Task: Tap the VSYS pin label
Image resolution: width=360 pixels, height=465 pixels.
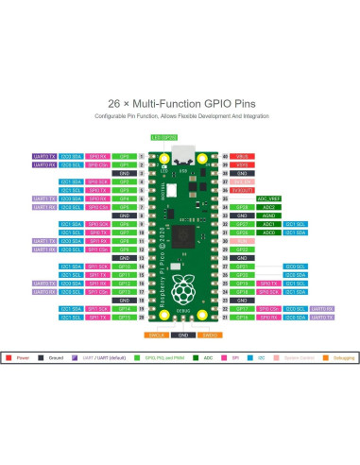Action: coord(241,164)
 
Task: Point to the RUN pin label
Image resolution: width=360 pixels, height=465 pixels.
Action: coord(241,240)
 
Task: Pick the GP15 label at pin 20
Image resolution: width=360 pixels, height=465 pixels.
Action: coord(124,318)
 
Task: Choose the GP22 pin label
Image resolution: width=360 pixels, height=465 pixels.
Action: coord(241,249)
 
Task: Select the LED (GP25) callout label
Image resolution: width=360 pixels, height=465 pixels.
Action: coord(163,136)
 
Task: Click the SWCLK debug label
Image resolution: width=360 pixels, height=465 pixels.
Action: coord(156,335)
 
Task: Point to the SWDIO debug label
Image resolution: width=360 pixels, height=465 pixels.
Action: coord(210,335)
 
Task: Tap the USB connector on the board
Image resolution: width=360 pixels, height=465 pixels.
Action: coord(181,151)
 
